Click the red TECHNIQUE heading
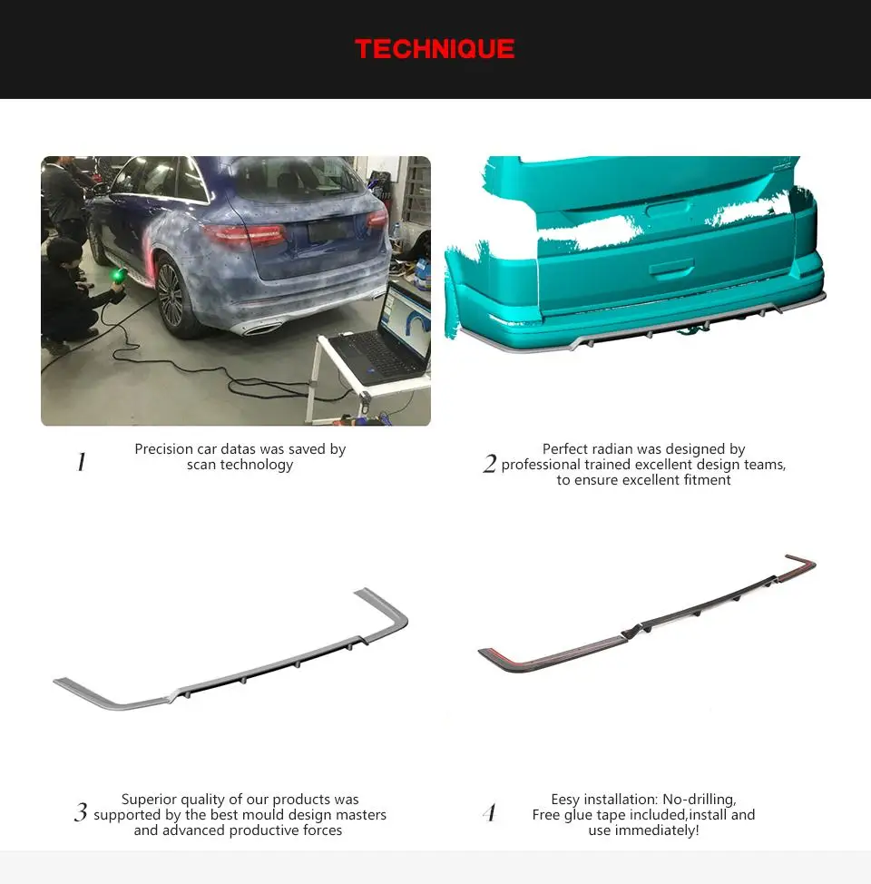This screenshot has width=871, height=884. coord(435,49)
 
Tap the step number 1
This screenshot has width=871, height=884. coord(81,463)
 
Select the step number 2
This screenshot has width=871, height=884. coord(490,465)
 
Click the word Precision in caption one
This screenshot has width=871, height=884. coord(164,449)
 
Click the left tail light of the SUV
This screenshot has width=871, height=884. coord(243,234)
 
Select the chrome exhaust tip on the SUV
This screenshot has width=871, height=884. coord(263,329)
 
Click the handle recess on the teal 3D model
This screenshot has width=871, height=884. coord(672,269)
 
